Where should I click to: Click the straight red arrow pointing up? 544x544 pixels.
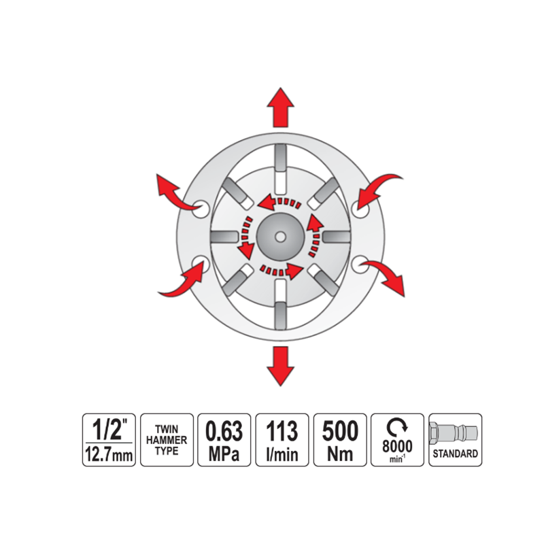280,107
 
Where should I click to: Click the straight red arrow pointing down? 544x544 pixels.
280,366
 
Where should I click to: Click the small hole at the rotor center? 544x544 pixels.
280,237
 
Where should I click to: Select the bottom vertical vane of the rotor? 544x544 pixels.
280,304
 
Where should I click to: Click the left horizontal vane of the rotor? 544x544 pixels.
224,237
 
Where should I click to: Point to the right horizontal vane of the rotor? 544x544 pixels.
337,237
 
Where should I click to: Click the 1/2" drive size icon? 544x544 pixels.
109,440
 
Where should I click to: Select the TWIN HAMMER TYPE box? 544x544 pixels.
167,440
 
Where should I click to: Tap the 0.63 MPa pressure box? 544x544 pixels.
224,440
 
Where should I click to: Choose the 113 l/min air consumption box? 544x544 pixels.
282,440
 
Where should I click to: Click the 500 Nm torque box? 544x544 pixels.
340,440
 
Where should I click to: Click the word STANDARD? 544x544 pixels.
455,454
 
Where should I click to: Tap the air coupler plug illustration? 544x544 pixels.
454,432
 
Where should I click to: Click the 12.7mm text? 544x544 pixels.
109,454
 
